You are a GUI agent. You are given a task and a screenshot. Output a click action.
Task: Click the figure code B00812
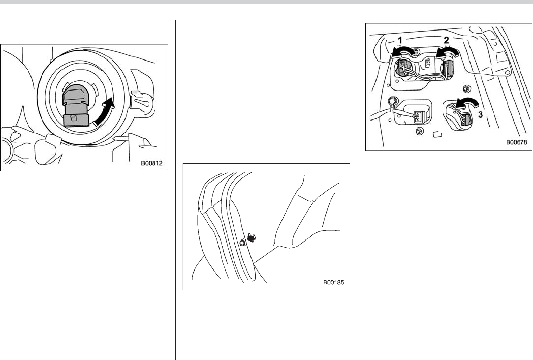coord(151,163)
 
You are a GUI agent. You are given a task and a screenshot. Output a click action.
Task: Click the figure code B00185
coord(334,282)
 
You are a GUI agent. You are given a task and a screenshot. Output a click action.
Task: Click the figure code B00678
coord(516,142)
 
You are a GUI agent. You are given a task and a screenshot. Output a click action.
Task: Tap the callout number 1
coord(400,41)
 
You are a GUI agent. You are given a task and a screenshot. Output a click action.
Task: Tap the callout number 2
coord(446,40)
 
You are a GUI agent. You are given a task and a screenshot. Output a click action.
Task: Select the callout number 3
coord(480,115)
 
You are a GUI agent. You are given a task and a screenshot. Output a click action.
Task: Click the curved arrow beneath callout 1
coord(403,51)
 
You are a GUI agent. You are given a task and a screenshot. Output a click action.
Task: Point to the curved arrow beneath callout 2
coord(447,51)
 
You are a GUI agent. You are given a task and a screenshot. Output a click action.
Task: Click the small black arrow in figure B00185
coord(252,237)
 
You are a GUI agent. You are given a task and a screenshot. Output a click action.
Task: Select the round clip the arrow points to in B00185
coord(242,243)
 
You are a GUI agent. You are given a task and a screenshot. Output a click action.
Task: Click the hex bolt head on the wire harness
coord(392,101)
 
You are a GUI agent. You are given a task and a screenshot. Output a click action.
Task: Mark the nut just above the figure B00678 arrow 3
coord(466,89)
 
